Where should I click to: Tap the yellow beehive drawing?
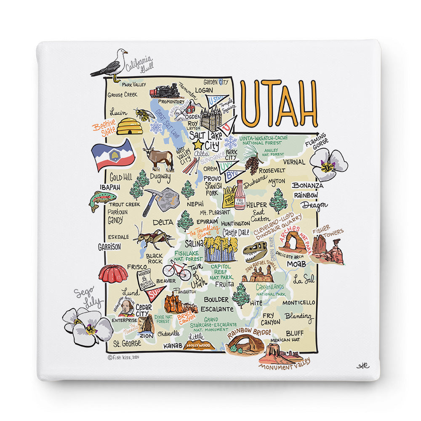[129, 126]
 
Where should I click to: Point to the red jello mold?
[113, 274]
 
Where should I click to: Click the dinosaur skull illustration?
[255, 251]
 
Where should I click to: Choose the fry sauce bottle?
[240, 195]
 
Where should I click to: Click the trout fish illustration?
[102, 200]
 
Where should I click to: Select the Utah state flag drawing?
[113, 155]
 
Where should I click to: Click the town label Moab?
[296, 264]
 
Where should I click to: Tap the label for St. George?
[127, 343]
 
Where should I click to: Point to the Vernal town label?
[294, 162]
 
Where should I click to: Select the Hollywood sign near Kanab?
[199, 345]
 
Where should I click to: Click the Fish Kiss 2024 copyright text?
[123, 357]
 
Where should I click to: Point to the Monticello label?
[298, 302]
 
